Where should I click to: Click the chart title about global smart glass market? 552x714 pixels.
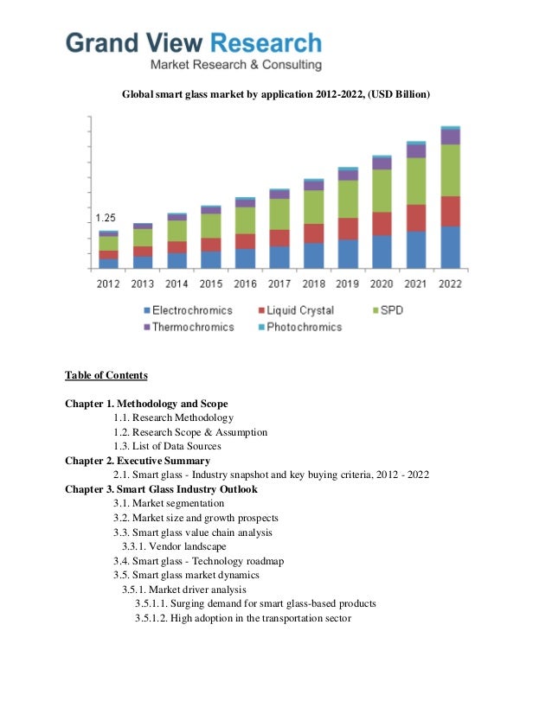pos(275,92)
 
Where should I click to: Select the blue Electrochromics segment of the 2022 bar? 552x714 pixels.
pos(450,247)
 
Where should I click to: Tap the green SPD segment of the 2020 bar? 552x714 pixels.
pos(382,190)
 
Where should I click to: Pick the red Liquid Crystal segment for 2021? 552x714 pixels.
pos(416,218)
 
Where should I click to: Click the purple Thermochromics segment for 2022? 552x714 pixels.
pos(450,137)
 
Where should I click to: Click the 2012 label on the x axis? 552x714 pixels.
pos(108,284)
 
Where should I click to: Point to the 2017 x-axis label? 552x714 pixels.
pos(279,284)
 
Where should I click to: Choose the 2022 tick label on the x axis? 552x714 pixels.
pos(450,284)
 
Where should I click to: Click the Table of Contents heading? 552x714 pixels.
pos(106,375)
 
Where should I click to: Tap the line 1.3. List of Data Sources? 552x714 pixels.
pos(167,446)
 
